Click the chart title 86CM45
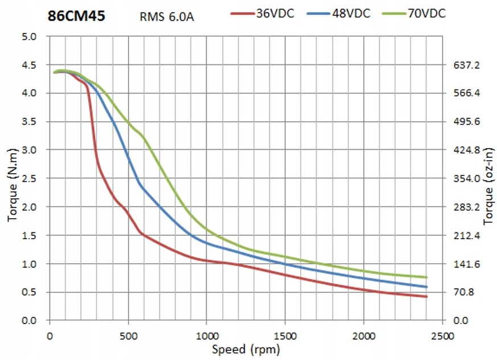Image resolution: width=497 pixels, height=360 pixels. pos(76,15)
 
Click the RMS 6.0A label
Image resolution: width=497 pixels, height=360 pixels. pos(167,16)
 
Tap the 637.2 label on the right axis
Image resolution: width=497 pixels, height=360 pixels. pos(469,65)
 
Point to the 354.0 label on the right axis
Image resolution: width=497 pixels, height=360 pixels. pos(469,178)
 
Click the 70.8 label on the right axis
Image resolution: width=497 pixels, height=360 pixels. pos(469,292)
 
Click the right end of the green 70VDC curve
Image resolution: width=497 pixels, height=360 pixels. pos(426,277)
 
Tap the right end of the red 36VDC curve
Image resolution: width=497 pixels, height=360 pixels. pos(426,297)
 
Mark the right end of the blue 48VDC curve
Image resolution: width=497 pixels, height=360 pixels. pos(426,287)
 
